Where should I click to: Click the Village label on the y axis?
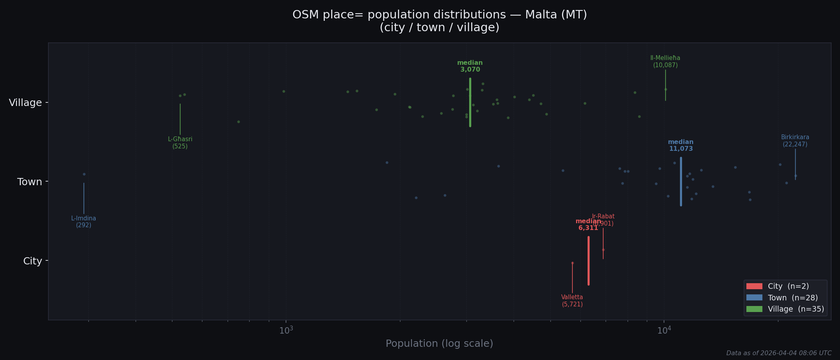25,103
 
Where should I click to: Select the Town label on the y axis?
30,182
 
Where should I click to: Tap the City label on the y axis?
32,261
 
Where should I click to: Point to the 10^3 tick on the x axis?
286,330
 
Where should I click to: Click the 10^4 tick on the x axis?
664,330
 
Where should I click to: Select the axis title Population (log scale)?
439,344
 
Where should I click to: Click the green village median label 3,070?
470,66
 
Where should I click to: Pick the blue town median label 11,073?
681,146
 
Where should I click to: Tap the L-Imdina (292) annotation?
84,222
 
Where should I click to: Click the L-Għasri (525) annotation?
180,143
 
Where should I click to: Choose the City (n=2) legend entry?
777,286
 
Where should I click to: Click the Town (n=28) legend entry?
782,298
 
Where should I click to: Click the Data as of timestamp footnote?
779,353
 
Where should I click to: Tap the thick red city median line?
588,261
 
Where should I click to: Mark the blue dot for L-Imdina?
84,174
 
